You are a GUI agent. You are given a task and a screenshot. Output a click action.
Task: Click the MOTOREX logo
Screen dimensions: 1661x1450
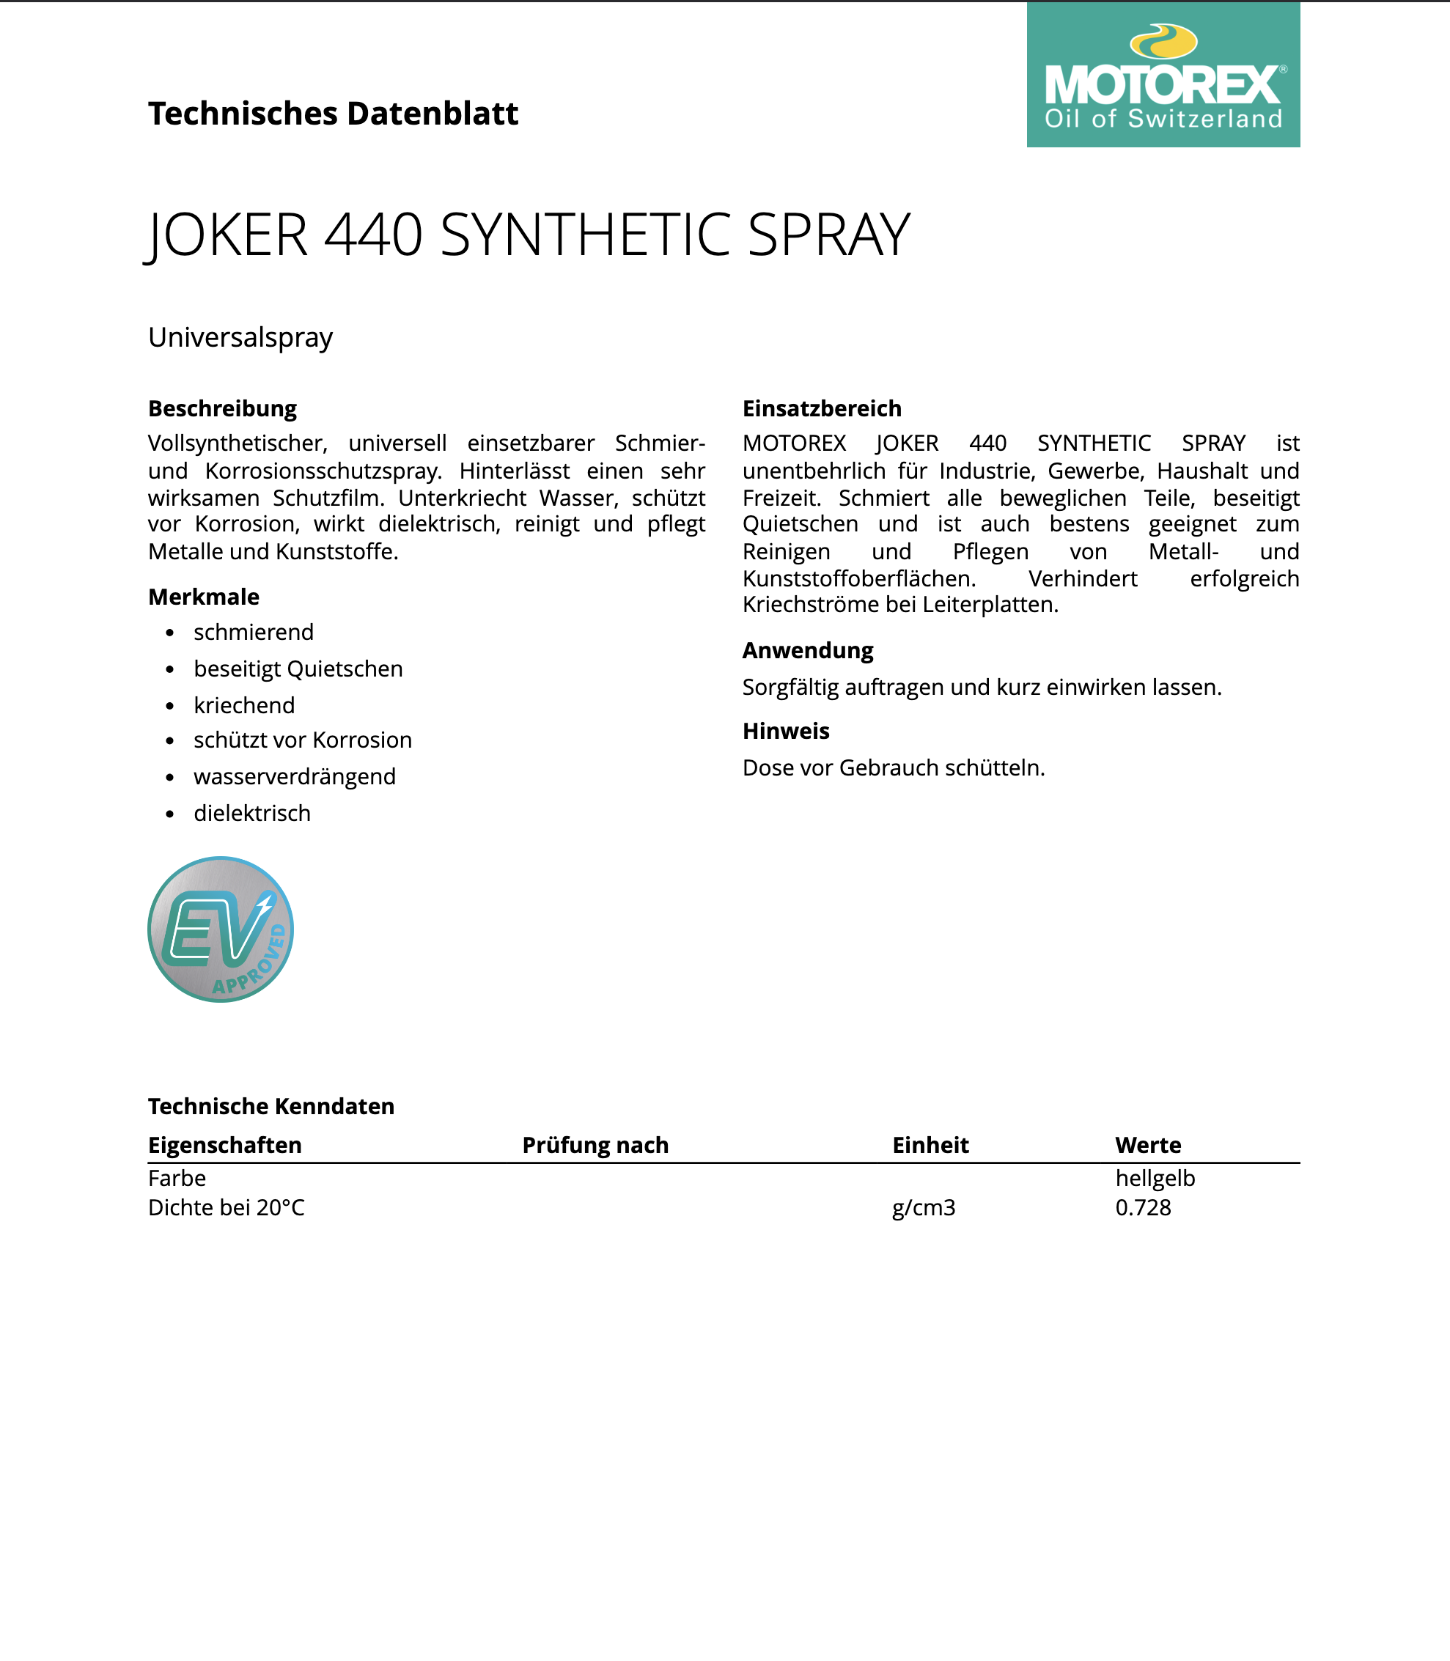(1163, 75)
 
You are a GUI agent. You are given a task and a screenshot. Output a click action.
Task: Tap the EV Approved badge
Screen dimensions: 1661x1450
(220, 929)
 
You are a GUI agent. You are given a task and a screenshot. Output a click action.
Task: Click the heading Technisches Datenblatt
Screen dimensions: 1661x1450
(333, 114)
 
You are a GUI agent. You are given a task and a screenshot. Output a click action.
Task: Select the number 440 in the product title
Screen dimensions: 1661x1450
(373, 235)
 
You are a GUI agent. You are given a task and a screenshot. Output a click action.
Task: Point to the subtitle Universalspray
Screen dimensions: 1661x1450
(240, 337)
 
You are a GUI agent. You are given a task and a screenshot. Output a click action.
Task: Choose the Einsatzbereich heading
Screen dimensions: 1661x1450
(821, 408)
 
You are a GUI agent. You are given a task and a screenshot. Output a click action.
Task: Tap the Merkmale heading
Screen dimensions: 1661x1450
(203, 597)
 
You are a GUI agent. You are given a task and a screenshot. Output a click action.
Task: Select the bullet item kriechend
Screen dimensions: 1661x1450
(243, 705)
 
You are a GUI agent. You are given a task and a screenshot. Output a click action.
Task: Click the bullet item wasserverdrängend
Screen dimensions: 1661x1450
(295, 777)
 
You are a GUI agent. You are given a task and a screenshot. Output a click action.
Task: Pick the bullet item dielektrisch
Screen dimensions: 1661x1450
(251, 813)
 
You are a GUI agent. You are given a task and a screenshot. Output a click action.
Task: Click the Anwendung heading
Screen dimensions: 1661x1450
(808, 650)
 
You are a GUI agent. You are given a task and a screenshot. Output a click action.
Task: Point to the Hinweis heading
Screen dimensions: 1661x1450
(786, 732)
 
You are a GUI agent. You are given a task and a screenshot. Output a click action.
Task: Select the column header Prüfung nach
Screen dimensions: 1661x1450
(595, 1145)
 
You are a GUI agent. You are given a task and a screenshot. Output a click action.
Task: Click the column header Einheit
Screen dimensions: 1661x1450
(930, 1145)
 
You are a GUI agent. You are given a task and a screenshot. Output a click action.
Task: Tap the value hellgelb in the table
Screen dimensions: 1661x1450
(1155, 1178)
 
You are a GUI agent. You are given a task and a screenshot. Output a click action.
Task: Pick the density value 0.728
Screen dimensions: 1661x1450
(1143, 1208)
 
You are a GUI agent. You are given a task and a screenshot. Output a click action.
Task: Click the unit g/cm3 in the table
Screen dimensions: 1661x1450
(923, 1208)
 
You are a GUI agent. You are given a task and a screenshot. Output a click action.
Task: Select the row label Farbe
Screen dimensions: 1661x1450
(177, 1178)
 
